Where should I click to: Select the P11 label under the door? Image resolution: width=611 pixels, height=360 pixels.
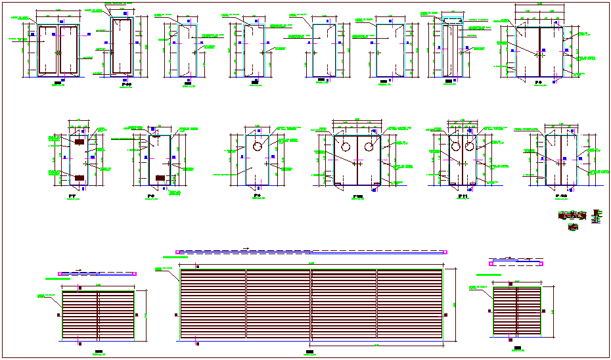(x=462, y=196)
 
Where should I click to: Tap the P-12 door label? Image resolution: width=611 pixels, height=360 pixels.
(x=560, y=196)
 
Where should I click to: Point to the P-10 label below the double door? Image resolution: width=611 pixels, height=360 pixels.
(x=358, y=196)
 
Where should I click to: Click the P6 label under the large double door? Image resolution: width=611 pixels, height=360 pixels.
(x=537, y=83)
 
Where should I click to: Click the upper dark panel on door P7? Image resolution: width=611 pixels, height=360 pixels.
(x=79, y=142)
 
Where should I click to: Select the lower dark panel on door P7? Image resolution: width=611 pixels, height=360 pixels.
(x=79, y=177)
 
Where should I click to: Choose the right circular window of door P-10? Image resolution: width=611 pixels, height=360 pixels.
(x=371, y=144)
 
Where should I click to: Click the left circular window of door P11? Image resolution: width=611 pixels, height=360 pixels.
(x=455, y=146)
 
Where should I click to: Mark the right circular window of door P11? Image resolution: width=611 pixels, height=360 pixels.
(x=469, y=146)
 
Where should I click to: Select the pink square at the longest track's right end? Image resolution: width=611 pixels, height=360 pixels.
(x=445, y=252)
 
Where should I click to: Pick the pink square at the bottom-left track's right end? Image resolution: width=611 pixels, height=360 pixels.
(x=135, y=273)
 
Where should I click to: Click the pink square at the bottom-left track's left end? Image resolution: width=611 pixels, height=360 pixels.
(x=60, y=273)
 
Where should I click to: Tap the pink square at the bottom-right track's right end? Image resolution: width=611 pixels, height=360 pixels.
(x=543, y=263)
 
